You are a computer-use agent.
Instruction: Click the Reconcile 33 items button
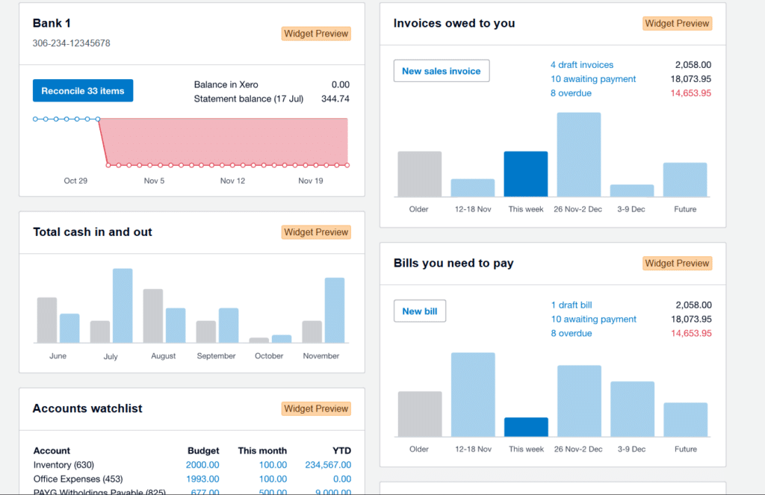point(83,91)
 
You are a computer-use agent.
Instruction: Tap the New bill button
point(420,311)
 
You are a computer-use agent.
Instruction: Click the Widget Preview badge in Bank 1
point(316,34)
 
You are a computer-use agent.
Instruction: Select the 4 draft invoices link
point(582,65)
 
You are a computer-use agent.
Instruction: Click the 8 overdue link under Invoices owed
point(571,93)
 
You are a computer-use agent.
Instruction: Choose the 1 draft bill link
point(572,305)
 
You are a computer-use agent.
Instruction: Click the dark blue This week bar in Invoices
point(526,174)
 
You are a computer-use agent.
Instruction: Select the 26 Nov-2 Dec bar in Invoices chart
point(579,155)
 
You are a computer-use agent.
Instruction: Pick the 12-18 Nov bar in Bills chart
point(473,394)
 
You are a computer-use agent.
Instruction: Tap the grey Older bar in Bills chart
point(419,414)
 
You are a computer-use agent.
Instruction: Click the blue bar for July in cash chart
point(123,305)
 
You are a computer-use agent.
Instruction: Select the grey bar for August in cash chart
point(153,315)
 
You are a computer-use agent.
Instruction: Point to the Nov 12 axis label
point(232,181)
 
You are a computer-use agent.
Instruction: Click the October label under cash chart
point(269,356)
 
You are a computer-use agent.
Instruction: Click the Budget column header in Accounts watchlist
point(203,451)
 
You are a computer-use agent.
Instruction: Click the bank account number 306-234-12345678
point(72,43)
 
